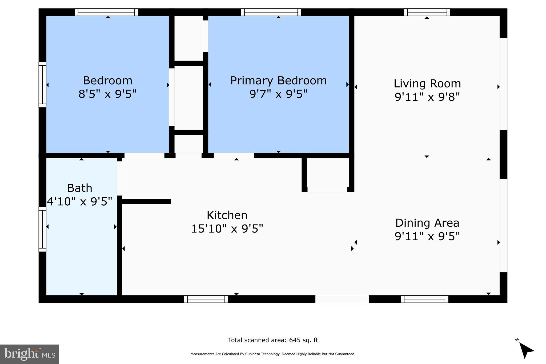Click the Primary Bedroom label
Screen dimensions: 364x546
(x=278, y=81)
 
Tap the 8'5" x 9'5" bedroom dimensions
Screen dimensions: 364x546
(x=107, y=94)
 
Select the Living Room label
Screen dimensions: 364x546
(x=427, y=83)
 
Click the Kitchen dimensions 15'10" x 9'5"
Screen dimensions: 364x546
(x=227, y=229)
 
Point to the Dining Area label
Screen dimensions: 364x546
(x=427, y=223)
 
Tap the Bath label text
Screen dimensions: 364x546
(x=79, y=188)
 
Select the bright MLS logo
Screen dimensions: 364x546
(x=29, y=354)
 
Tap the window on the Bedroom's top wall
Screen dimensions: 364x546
(x=106, y=12)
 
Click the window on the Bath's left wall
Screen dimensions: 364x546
(x=42, y=229)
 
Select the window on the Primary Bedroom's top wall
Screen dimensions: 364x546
(x=271, y=12)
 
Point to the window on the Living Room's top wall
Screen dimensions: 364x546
(x=427, y=12)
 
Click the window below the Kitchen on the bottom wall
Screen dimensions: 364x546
(x=206, y=299)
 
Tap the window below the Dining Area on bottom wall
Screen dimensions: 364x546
(x=424, y=299)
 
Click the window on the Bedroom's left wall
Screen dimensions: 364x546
(x=42, y=85)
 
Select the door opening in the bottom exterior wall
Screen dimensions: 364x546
(x=342, y=299)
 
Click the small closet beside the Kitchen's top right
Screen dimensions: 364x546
(x=328, y=172)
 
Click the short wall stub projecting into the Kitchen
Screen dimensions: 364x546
(x=146, y=201)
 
